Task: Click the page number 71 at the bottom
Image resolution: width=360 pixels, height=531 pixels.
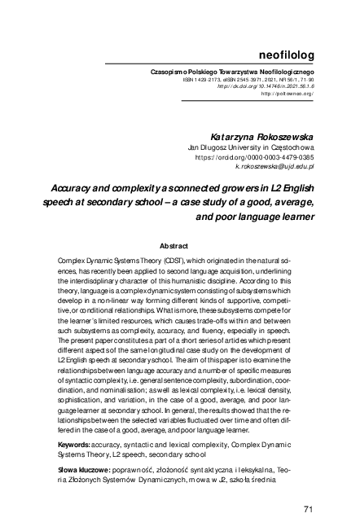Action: tap(308, 509)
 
